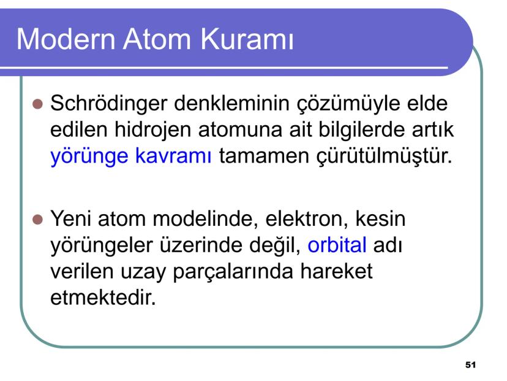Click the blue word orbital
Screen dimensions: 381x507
click(x=337, y=245)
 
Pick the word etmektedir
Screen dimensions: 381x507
click(x=99, y=298)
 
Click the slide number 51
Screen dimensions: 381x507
click(x=470, y=365)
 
